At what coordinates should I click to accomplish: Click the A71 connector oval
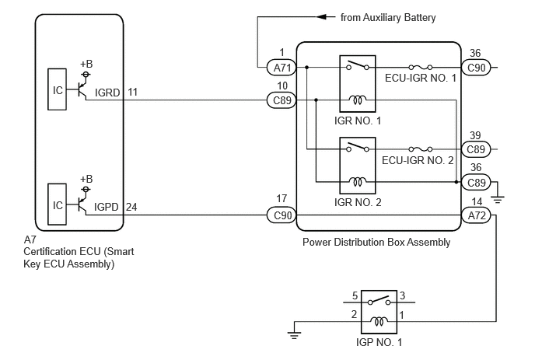pyautogui.click(x=281, y=68)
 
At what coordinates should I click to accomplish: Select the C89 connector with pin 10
pyautogui.click(x=281, y=100)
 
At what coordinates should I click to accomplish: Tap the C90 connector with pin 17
pyautogui.click(x=281, y=215)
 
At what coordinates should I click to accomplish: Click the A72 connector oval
pyautogui.click(x=476, y=215)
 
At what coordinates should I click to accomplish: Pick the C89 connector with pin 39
pyautogui.click(x=476, y=149)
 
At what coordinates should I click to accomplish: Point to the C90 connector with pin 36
pyautogui.click(x=476, y=68)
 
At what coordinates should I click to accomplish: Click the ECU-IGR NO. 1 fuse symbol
pyautogui.click(x=421, y=67)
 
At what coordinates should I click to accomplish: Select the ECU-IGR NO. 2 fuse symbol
pyautogui.click(x=421, y=149)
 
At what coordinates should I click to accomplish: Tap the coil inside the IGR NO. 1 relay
pyautogui.click(x=357, y=100)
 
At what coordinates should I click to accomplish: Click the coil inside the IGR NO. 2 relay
pyautogui.click(x=357, y=181)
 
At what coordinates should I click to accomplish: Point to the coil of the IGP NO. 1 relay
pyautogui.click(x=379, y=321)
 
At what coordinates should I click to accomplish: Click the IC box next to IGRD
pyautogui.click(x=57, y=89)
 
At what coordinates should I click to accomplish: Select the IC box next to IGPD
pyautogui.click(x=57, y=204)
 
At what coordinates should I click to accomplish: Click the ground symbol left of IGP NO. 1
pyautogui.click(x=294, y=335)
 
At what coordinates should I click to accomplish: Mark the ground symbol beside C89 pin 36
pyautogui.click(x=498, y=199)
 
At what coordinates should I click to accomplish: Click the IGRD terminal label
pyautogui.click(x=107, y=93)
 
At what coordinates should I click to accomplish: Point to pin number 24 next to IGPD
pyautogui.click(x=131, y=207)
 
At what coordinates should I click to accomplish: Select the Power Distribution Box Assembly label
pyautogui.click(x=376, y=243)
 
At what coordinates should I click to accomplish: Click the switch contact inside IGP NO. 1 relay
pyautogui.click(x=379, y=300)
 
